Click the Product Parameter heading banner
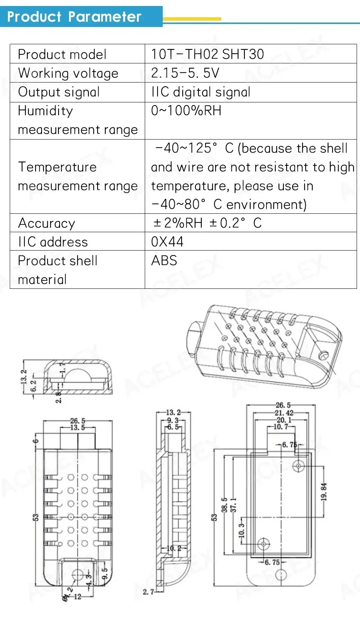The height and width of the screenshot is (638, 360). click(x=75, y=17)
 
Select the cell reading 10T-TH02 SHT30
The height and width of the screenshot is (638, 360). click(x=207, y=54)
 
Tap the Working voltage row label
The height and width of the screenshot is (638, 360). click(x=68, y=73)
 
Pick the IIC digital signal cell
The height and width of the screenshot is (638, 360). click(x=201, y=92)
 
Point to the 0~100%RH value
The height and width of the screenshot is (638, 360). click(x=186, y=111)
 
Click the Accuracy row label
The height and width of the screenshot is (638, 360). click(x=46, y=223)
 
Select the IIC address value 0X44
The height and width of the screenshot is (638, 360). click(x=167, y=242)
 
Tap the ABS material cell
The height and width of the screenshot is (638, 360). click(x=164, y=261)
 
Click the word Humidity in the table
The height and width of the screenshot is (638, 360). click(x=45, y=111)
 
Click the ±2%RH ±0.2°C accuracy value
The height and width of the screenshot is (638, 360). click(x=207, y=223)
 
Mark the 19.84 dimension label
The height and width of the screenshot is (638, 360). click(x=324, y=491)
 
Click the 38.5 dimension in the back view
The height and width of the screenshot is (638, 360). click(x=224, y=505)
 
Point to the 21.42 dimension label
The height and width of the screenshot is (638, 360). click(x=284, y=413)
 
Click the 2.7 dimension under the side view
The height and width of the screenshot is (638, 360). click(x=148, y=592)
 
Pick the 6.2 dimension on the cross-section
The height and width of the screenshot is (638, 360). click(x=33, y=386)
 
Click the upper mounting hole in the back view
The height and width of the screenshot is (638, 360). click(x=298, y=466)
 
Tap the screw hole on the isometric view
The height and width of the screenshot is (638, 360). click(x=322, y=354)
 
